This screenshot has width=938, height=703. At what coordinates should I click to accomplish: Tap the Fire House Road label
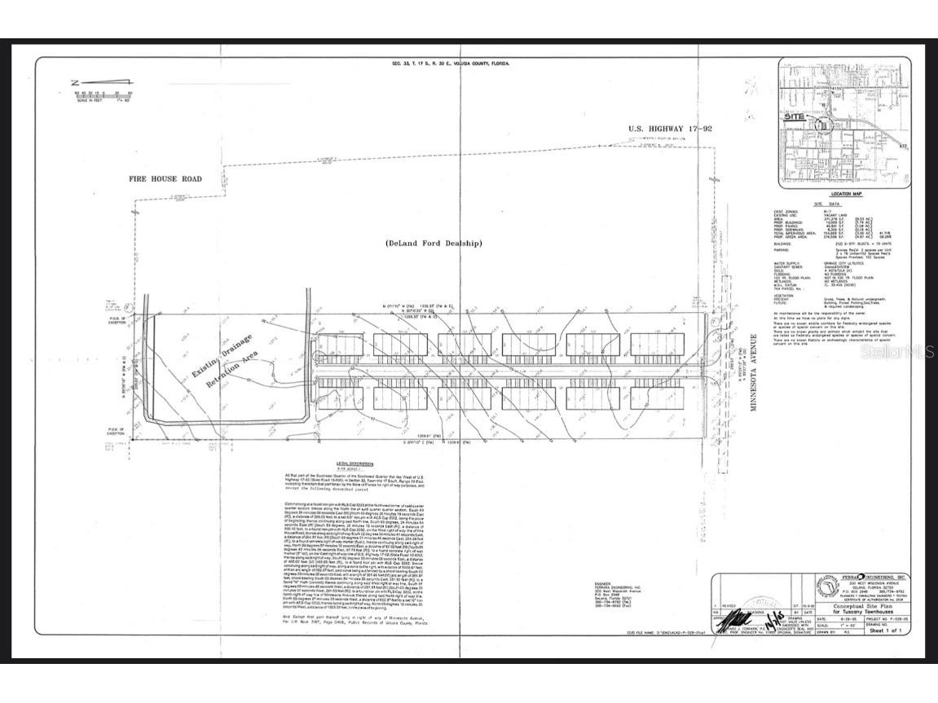[x=165, y=178]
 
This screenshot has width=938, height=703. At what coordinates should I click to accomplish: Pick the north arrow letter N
[x=74, y=82]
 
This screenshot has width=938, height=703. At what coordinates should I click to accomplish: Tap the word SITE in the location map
[x=792, y=116]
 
